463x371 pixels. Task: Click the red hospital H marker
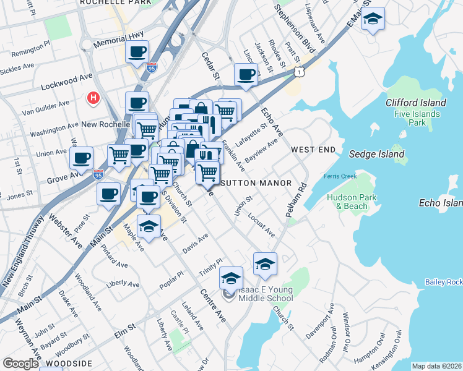(93, 98)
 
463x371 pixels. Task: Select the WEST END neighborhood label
(313, 150)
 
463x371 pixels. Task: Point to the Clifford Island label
(415, 103)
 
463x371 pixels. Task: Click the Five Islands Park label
(417, 118)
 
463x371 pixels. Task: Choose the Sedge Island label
(376, 154)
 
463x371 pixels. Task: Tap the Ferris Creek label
(340, 176)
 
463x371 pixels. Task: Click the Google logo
(21, 364)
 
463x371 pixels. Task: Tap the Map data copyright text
(436, 366)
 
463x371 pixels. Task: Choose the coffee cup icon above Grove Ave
(81, 158)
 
